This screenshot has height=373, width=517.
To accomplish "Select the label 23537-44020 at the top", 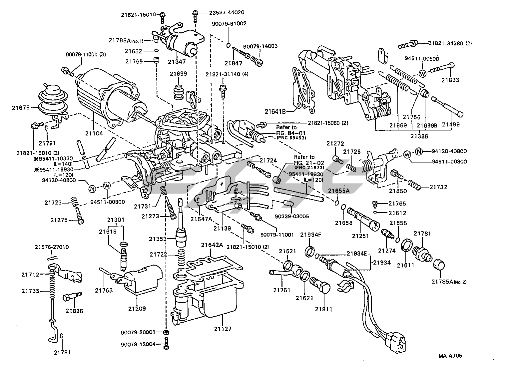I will (227, 12).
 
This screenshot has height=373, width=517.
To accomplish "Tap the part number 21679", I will (21, 107).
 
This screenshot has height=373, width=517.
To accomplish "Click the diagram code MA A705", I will (450, 356).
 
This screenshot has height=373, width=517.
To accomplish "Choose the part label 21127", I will (223, 329).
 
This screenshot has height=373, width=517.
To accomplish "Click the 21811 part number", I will (323, 309).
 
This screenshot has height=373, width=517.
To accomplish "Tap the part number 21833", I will (450, 80).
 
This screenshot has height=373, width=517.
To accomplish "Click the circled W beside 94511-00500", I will (422, 73).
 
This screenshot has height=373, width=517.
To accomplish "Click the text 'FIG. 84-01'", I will (291, 133).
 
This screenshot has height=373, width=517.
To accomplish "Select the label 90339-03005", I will (292, 217).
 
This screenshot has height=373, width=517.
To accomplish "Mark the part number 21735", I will (30, 291).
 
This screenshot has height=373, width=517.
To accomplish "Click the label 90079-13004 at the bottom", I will (138, 344).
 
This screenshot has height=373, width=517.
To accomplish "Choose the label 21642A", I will (212, 245).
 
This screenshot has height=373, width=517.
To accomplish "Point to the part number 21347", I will (177, 61).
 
